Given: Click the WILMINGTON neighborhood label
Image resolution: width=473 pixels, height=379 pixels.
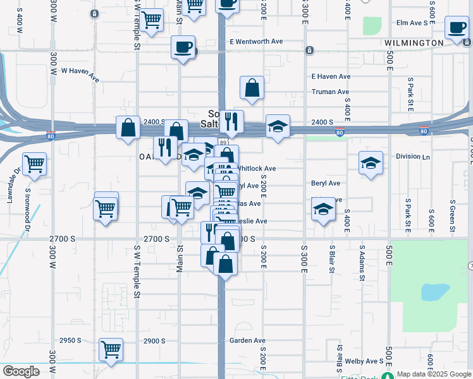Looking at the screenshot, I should (414, 42).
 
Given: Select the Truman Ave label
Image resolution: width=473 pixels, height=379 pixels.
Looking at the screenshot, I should (330, 92).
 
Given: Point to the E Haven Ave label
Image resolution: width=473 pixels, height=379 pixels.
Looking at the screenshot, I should (331, 76).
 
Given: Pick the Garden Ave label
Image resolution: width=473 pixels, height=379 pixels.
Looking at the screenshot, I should (247, 340).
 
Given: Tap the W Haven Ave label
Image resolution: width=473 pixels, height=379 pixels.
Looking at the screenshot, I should (80, 75).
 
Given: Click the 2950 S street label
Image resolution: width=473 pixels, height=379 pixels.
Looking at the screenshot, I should (70, 340).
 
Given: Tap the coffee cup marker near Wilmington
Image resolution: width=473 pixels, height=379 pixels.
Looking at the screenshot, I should (457, 28).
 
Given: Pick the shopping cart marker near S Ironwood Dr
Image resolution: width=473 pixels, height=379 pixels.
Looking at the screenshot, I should (34, 164).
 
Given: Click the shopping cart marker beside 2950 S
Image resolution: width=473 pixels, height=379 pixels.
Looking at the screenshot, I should (111, 349).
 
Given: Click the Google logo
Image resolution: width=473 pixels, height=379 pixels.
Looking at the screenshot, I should (21, 371).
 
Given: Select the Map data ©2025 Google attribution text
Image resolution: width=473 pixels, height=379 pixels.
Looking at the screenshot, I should (433, 374).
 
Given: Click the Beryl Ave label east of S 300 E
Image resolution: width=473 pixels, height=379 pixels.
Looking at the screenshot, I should (326, 183).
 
